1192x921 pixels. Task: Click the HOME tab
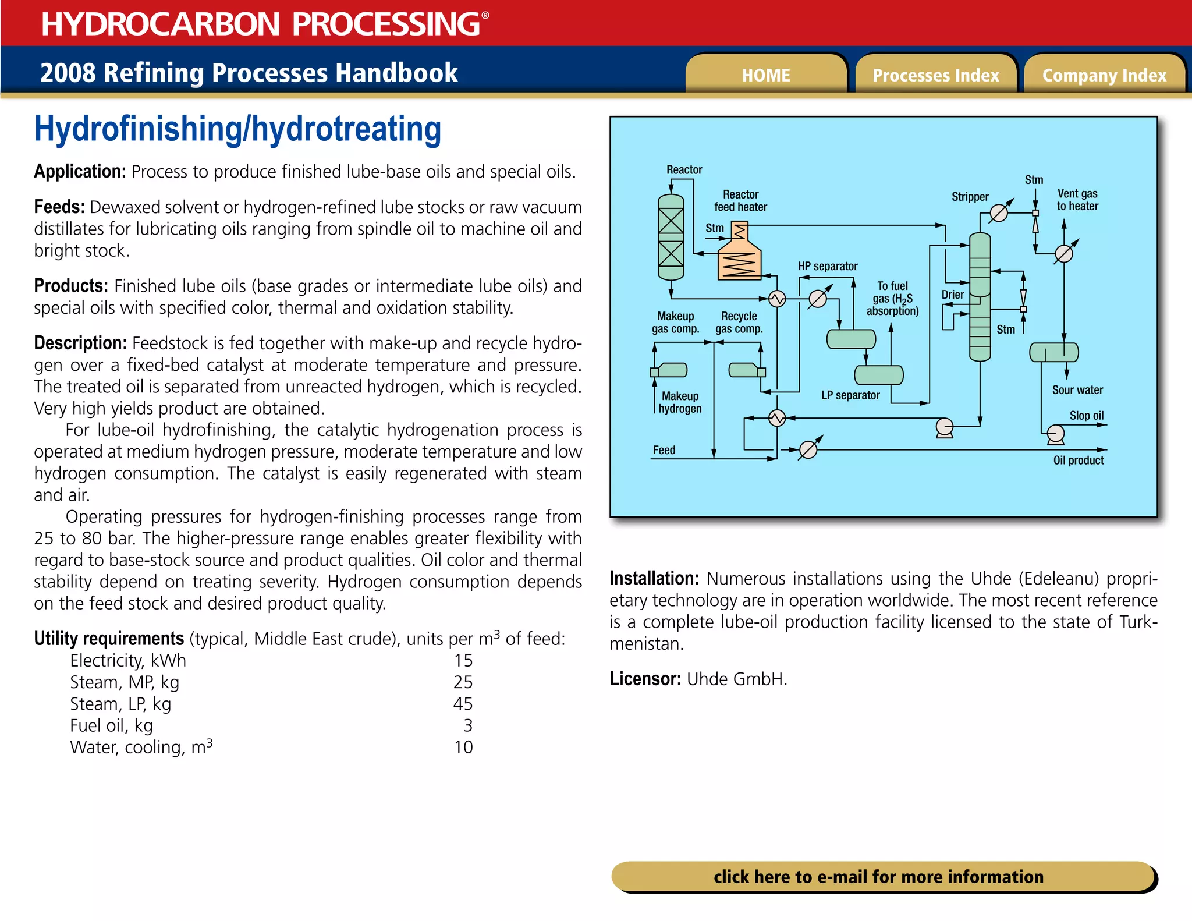click(x=765, y=75)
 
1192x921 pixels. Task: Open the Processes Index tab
click(x=935, y=75)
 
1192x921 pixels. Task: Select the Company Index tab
click(x=1104, y=75)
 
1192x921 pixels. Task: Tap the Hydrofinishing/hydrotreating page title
click(x=237, y=129)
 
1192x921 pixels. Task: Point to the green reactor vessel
click(x=670, y=237)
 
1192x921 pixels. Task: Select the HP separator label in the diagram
click(x=827, y=266)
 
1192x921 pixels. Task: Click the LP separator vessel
click(x=878, y=375)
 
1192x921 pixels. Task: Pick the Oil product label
click(x=1078, y=460)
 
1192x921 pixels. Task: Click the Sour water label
click(x=1077, y=390)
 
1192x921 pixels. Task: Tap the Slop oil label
click(x=1086, y=415)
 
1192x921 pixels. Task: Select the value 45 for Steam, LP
click(x=463, y=704)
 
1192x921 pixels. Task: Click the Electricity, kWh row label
click(x=128, y=660)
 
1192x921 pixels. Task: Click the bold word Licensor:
click(x=645, y=679)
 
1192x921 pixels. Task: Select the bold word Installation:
click(x=654, y=578)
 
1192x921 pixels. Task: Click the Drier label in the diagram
click(x=952, y=295)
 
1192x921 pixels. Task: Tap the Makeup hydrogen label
click(x=680, y=402)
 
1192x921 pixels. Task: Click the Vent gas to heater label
click(x=1077, y=200)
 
